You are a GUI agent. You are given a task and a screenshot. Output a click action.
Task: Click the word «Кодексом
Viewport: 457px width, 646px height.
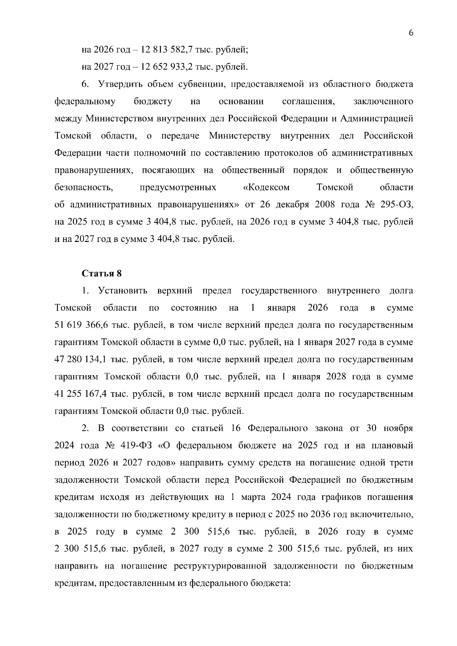[x=266, y=188]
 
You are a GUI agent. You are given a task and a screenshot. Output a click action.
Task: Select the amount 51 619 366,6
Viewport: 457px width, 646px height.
[x=81, y=325]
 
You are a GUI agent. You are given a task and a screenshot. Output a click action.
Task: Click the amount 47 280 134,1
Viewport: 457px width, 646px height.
[x=81, y=360]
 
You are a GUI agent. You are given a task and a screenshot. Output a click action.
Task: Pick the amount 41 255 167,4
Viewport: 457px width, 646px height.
[x=81, y=394]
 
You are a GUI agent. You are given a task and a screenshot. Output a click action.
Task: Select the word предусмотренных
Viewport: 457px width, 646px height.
[x=178, y=188]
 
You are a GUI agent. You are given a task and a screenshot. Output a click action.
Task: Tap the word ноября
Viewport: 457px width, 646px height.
[x=398, y=428]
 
